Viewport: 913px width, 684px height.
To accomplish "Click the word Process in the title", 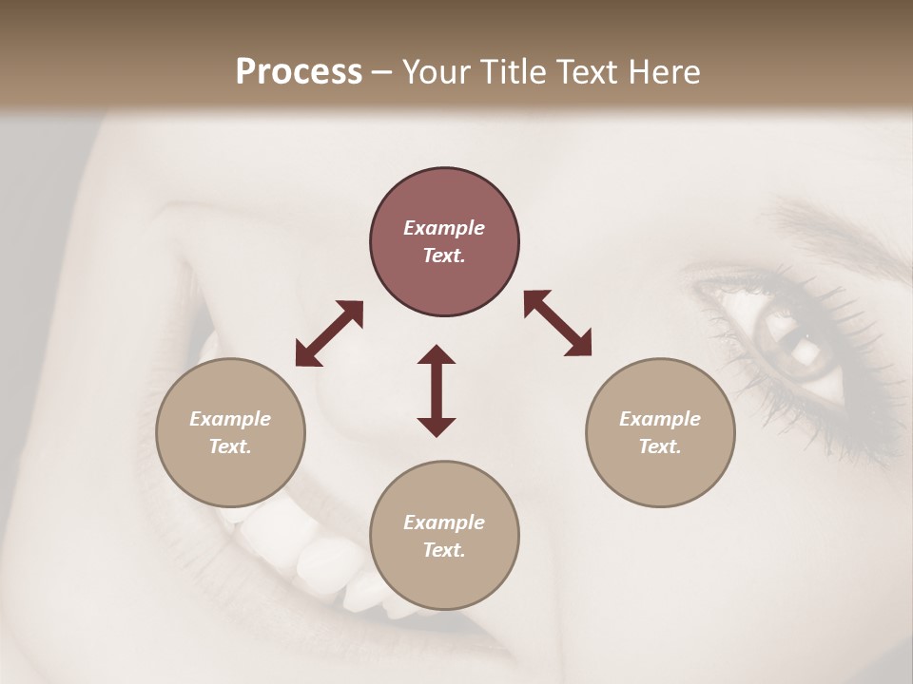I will pyautogui.click(x=299, y=72).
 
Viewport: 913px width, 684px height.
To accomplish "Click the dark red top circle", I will pyautogui.click(x=444, y=242).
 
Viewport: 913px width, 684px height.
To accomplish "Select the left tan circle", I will pyautogui.click(x=230, y=432).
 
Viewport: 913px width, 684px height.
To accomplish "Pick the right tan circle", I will pyautogui.click(x=660, y=432).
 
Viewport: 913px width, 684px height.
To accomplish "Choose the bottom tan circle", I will pyautogui.click(x=444, y=535).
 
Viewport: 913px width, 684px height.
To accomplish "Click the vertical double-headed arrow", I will pyautogui.click(x=437, y=390).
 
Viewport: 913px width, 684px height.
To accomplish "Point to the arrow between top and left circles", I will pyautogui.click(x=329, y=333).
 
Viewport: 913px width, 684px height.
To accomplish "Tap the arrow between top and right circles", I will pyautogui.click(x=557, y=323).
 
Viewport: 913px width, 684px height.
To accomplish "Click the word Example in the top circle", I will pyautogui.click(x=444, y=228).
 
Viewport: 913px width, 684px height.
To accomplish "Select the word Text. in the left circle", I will pyautogui.click(x=230, y=446).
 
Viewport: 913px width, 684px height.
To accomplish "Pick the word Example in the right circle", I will pyautogui.click(x=660, y=419).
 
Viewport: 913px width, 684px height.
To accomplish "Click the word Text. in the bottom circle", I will pyautogui.click(x=444, y=550).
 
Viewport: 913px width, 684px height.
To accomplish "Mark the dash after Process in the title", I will pyautogui.click(x=382, y=72).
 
